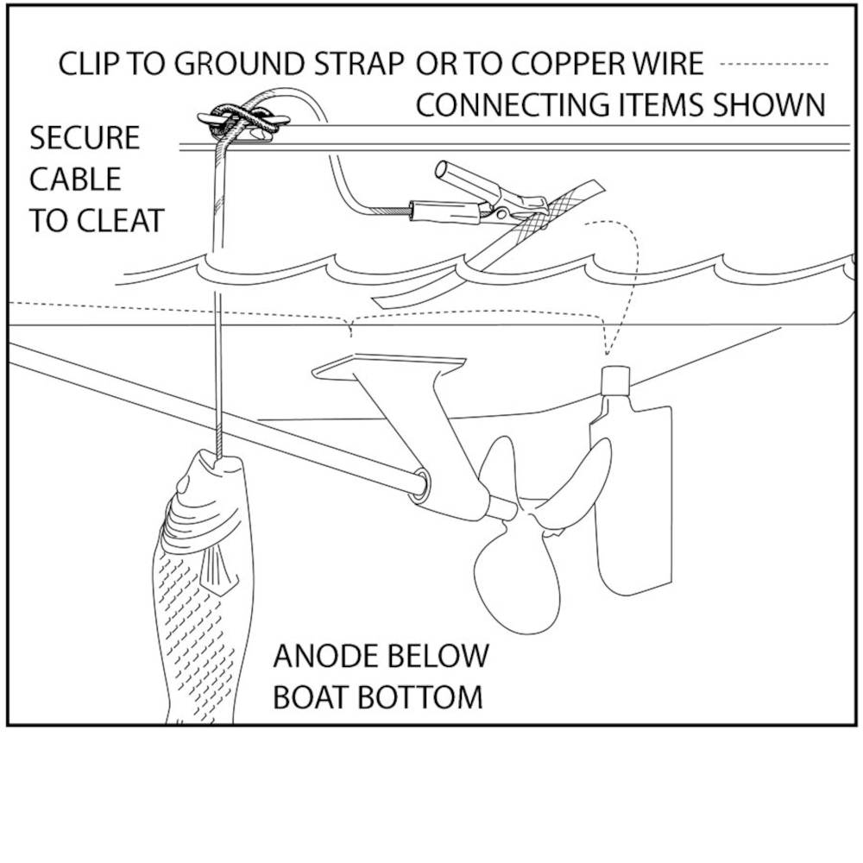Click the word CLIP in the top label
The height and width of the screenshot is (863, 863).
coord(87,65)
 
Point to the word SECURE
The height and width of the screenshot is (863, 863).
coord(85,138)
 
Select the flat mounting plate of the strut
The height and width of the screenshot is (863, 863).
coord(388,368)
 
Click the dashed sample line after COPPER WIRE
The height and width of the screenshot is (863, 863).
coord(773,65)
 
